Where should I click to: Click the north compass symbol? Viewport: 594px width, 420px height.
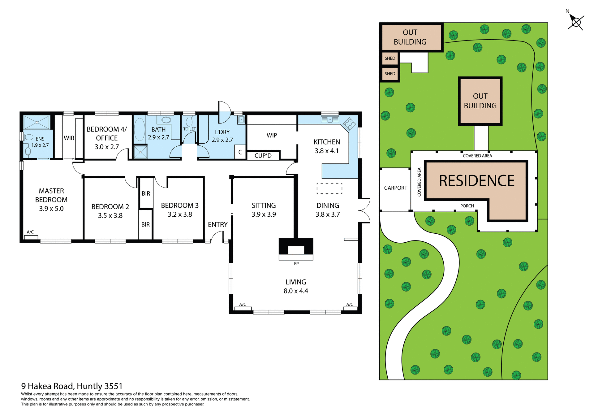[576, 22]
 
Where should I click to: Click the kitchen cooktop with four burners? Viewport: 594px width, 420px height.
[349, 124]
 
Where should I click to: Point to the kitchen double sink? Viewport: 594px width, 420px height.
[330, 120]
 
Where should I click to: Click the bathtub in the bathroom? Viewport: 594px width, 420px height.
[140, 129]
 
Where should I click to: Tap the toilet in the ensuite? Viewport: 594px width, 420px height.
[29, 137]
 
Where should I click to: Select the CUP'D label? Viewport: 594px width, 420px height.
[263, 156]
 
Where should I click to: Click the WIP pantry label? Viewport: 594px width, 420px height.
[272, 136]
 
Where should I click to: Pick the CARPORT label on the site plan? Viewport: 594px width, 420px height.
[395, 188]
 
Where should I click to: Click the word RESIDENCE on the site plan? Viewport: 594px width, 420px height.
[476, 181]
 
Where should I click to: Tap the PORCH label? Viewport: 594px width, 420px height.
[467, 206]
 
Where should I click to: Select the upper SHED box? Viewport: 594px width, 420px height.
[390, 58]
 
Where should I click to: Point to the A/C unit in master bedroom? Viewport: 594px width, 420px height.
[31, 237]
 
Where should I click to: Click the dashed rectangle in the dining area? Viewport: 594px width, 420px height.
[329, 188]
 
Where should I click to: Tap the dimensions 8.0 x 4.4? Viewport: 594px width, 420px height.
[296, 291]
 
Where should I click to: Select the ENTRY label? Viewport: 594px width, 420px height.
[217, 224]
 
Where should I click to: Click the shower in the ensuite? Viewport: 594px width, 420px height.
[37, 122]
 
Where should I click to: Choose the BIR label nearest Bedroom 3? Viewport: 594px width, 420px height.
[146, 193]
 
